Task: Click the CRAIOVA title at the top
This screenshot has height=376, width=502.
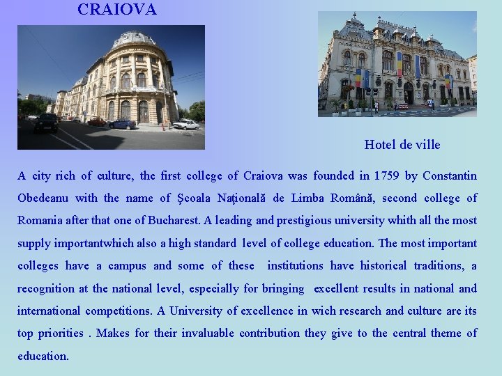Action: [117, 10]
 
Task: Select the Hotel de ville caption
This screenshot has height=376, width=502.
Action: [402, 145]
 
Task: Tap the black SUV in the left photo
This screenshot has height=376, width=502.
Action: [46, 123]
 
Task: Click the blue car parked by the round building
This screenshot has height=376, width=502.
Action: [123, 124]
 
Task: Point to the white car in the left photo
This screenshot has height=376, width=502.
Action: [185, 124]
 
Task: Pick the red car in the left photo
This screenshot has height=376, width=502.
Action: [96, 122]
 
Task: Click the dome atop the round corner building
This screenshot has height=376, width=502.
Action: [134, 39]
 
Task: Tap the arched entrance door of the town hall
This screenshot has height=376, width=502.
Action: [408, 93]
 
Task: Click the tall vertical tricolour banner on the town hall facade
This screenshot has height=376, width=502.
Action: [400, 64]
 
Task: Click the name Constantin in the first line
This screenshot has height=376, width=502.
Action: [450, 175]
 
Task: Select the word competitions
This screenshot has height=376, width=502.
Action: [117, 311]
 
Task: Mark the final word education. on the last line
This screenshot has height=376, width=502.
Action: [43, 356]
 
